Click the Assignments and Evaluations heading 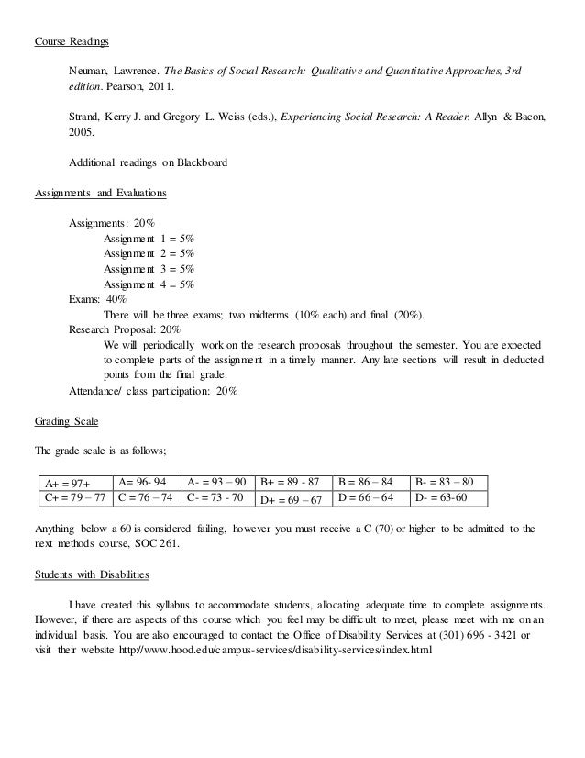coord(100,194)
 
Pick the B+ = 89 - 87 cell coord(290,482)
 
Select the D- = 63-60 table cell coord(441,498)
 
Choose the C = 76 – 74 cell coord(147,498)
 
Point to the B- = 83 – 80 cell coord(444,482)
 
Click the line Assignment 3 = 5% coord(149,269)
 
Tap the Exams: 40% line coord(98,299)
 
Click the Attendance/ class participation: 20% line coord(153,390)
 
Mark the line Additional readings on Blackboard coord(149,162)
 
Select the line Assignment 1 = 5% coord(149,239)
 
